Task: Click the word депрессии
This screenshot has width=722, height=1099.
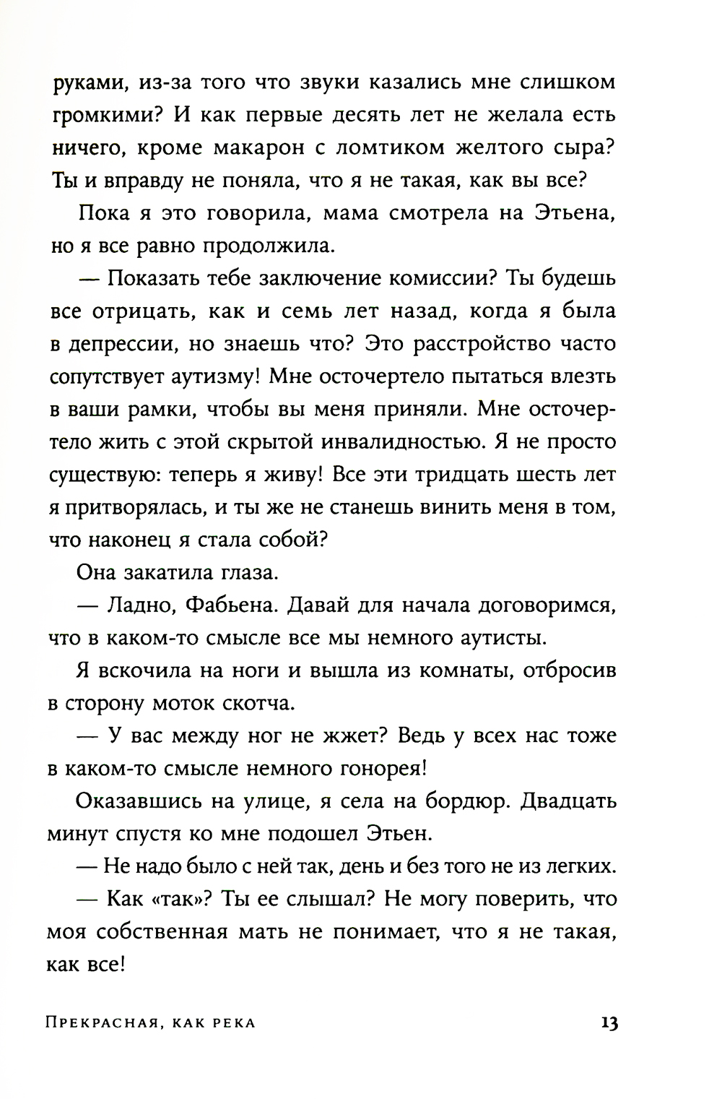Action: pos(120,344)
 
